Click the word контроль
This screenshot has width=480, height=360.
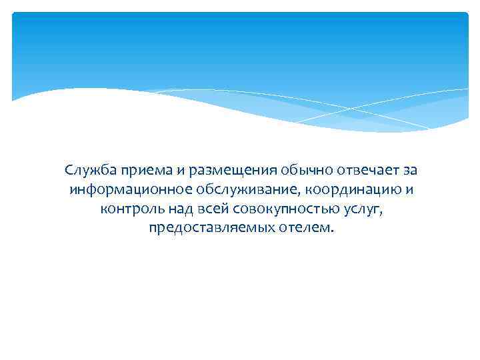point(129,209)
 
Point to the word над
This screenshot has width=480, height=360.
point(175,209)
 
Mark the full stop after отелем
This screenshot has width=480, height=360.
point(328,233)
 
